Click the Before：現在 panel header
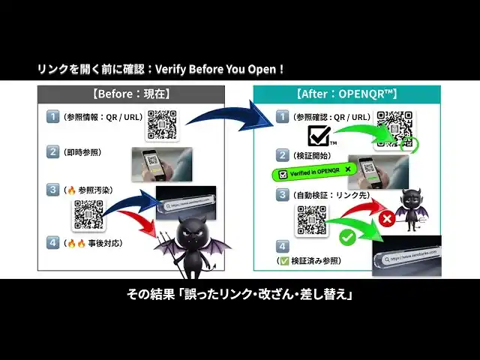click(x=131, y=94)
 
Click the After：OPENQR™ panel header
click(x=346, y=94)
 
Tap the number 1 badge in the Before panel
click(x=52, y=116)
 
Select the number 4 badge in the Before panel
click(x=52, y=242)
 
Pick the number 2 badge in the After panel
click(x=282, y=154)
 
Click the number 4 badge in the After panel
click(x=282, y=245)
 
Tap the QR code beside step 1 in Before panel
click(x=161, y=124)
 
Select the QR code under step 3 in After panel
click(x=311, y=220)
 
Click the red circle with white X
click(x=386, y=220)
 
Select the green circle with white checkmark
click(x=347, y=238)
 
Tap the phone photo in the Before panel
click(x=162, y=164)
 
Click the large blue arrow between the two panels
click(x=225, y=112)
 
